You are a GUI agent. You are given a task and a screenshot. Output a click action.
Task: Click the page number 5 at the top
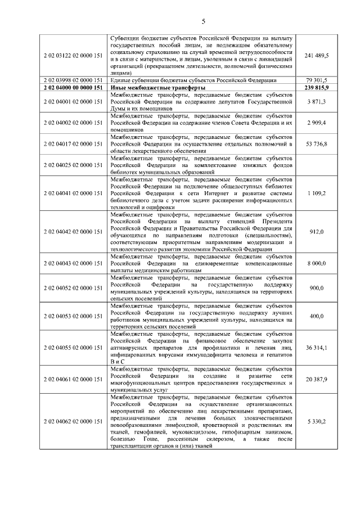(x=204, y=21)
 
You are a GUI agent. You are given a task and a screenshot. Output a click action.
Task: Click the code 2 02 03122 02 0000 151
(x=73, y=55)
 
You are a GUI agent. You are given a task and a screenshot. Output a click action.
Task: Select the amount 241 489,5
(x=317, y=55)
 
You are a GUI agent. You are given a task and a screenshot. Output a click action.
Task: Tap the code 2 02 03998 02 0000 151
(x=73, y=80)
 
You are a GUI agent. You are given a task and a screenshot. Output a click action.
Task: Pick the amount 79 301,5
(x=317, y=80)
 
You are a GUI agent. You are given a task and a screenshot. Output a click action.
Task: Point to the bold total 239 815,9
(x=317, y=88)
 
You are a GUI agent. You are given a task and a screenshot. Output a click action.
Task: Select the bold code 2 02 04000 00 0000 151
(x=73, y=88)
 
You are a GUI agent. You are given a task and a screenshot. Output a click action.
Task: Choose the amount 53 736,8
(x=317, y=144)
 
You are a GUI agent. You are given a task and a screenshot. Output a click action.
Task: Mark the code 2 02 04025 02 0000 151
(x=73, y=165)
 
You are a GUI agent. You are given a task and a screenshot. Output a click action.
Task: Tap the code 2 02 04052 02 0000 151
(x=73, y=288)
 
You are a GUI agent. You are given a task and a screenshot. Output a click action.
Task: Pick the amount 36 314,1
(x=317, y=348)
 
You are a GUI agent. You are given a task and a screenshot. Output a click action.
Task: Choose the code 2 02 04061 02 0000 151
(x=73, y=379)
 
